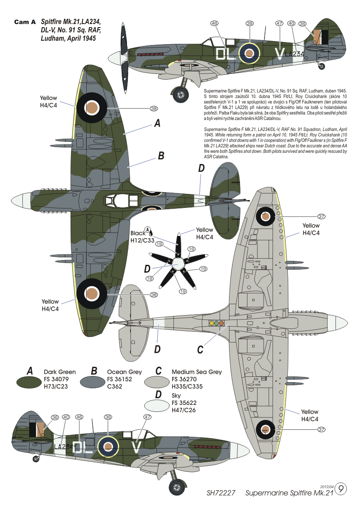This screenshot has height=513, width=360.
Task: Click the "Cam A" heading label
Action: (25, 22)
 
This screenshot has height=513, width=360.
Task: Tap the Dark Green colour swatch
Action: (29, 382)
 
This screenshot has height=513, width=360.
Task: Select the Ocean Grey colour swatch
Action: (93, 382)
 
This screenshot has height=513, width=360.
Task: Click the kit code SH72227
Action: (221, 493)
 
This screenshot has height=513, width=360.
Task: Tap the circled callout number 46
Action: (214, 24)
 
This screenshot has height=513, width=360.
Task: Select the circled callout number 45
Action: (79, 417)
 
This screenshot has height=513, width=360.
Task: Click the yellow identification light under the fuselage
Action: (212, 323)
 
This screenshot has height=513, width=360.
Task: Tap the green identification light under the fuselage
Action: (217, 323)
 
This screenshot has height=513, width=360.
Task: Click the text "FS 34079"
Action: (56, 379)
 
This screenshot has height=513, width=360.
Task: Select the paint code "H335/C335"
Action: (187, 386)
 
